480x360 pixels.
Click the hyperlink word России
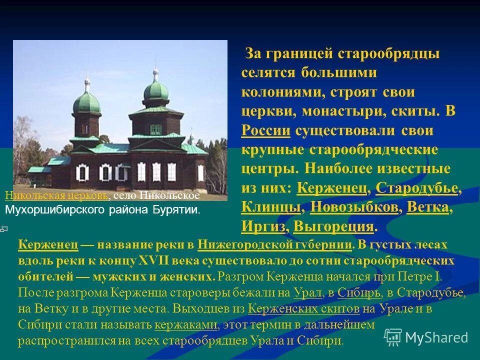pyautogui.click(x=265, y=131)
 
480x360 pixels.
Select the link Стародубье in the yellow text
pyautogui.click(x=416, y=188)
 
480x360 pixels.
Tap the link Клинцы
pyautogui.click(x=271, y=207)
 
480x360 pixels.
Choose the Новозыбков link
pyautogui.click(x=354, y=207)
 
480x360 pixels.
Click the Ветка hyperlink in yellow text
pyautogui.click(x=428, y=207)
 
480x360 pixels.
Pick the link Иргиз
pyautogui.click(x=263, y=226)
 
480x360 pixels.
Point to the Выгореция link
pyautogui.click(x=333, y=226)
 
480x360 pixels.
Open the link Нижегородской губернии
pyautogui.click(x=275, y=245)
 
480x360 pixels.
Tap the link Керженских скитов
pyautogui.click(x=303, y=309)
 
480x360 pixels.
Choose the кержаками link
pyautogui.click(x=186, y=325)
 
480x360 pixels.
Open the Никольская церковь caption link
pyautogui.click(x=55, y=196)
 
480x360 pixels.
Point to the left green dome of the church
pyautogui.click(x=86, y=102)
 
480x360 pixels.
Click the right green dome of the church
pyautogui.click(x=156, y=90)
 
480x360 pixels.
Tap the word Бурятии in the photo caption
pyautogui.click(x=179, y=209)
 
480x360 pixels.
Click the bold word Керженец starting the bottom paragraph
pyautogui.click(x=48, y=245)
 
